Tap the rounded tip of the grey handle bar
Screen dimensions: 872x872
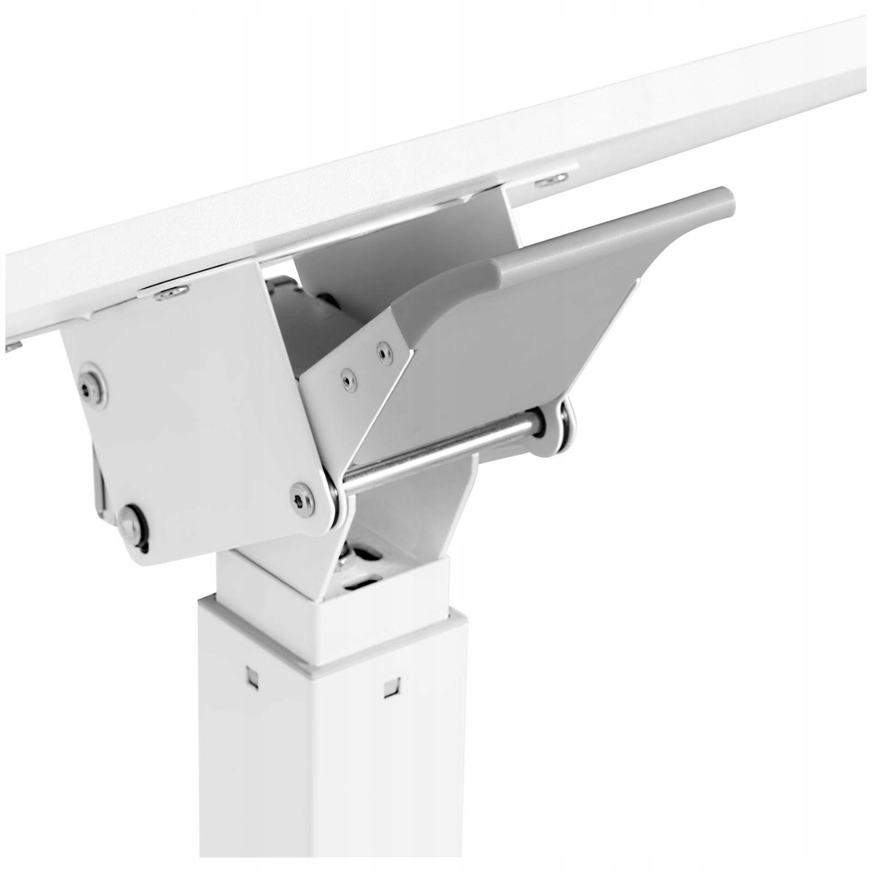tap(724, 197)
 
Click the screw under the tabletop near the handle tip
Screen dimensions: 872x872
tap(552, 179)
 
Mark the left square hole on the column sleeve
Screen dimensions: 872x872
tap(252, 673)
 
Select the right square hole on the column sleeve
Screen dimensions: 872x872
tap(390, 688)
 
